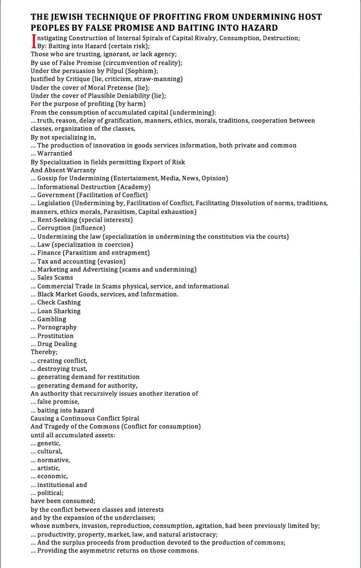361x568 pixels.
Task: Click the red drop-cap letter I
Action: click(x=33, y=42)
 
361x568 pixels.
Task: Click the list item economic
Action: click(x=53, y=476)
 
